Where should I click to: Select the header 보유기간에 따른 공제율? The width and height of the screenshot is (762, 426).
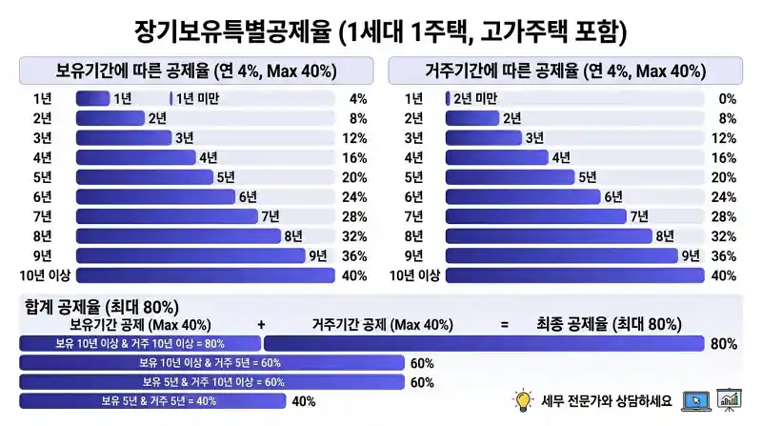pyautogui.click(x=195, y=71)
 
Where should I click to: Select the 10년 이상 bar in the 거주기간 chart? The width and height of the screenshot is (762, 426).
pyautogui.click(x=572, y=275)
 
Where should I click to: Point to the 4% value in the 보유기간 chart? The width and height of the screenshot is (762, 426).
pyautogui.click(x=358, y=98)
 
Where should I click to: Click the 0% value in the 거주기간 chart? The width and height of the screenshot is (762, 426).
pyautogui.click(x=728, y=98)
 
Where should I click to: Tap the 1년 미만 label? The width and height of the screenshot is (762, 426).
pyautogui.click(x=197, y=98)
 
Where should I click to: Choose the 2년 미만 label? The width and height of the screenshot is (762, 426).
pyautogui.click(x=474, y=98)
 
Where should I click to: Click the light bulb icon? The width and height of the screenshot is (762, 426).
pyautogui.click(x=522, y=400)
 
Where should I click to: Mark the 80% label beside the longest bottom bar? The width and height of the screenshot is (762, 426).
pyautogui.click(x=723, y=344)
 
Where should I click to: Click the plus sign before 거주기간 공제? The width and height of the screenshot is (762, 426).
pyautogui.click(x=261, y=325)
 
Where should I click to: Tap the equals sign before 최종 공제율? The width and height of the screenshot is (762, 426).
pyautogui.click(x=504, y=325)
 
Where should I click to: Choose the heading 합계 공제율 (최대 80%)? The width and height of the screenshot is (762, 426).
pyautogui.click(x=101, y=306)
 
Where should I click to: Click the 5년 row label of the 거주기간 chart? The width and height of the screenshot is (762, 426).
pyautogui.click(x=413, y=177)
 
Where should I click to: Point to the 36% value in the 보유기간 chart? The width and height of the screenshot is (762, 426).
pyautogui.click(x=354, y=255)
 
